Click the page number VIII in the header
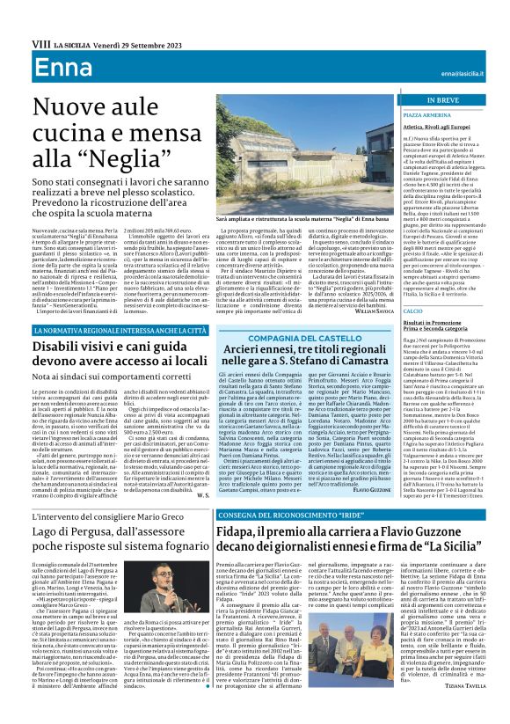(x=15, y=41)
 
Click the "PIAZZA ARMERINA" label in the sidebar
(x=407, y=114)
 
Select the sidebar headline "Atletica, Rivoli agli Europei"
(x=423, y=127)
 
